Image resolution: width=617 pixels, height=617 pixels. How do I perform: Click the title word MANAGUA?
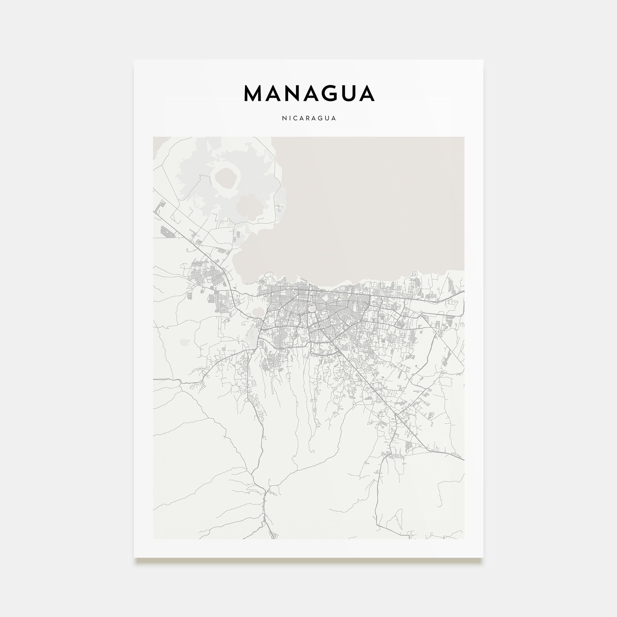pyautogui.click(x=309, y=93)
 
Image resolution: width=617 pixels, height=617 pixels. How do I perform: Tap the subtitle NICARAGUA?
pyautogui.click(x=309, y=118)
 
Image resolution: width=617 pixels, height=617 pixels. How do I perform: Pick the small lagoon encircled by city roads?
pyautogui.click(x=312, y=309)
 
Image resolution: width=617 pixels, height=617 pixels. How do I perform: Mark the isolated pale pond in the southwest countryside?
pyautogui.click(x=184, y=342)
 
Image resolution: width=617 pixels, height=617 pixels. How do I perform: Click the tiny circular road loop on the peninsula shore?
pyautogui.click(x=279, y=210)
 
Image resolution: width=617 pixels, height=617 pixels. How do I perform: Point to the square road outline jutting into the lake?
pyautogui.click(x=415, y=274)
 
